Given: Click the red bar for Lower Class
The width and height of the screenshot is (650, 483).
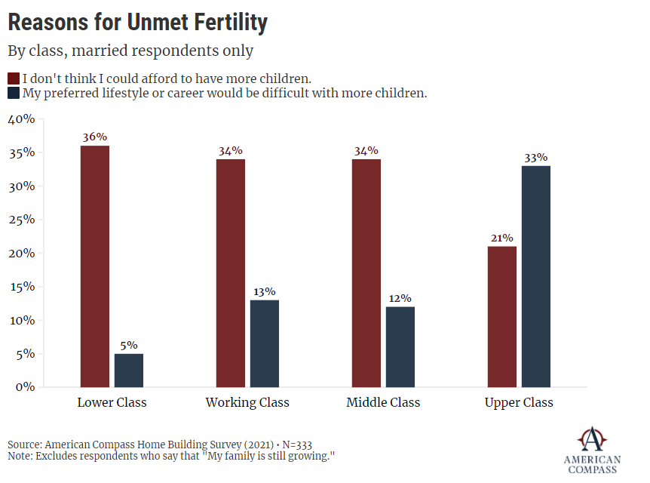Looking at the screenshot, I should (x=94, y=266).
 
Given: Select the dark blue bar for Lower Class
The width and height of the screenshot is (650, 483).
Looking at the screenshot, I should (x=128, y=370).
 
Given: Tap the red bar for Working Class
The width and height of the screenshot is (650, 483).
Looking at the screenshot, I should (x=230, y=272).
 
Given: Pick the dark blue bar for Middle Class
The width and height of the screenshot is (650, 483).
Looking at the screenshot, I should (x=400, y=346).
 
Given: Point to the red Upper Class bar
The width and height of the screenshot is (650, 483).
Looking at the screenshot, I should (x=502, y=316).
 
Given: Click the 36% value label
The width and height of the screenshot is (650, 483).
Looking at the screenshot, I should (x=95, y=137).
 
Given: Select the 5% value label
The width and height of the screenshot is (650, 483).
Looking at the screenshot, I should (x=128, y=345).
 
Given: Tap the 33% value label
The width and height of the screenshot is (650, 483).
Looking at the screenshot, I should (x=536, y=157).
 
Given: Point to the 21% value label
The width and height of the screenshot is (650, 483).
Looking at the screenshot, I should (x=502, y=238).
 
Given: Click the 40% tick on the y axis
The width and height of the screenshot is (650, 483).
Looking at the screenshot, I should (x=21, y=119).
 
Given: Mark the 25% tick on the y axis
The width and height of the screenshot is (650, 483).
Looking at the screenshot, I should (x=21, y=220).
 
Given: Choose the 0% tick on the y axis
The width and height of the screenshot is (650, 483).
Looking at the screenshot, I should (x=24, y=386).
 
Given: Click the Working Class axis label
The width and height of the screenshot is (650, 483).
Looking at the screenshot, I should (x=247, y=402).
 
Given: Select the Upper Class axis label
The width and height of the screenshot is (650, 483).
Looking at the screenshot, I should (x=519, y=402).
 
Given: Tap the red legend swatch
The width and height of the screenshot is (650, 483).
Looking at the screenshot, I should (x=14, y=78).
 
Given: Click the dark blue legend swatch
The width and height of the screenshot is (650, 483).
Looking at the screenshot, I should (x=14, y=94).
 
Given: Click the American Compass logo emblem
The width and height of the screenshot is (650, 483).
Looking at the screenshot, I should (x=592, y=438).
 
